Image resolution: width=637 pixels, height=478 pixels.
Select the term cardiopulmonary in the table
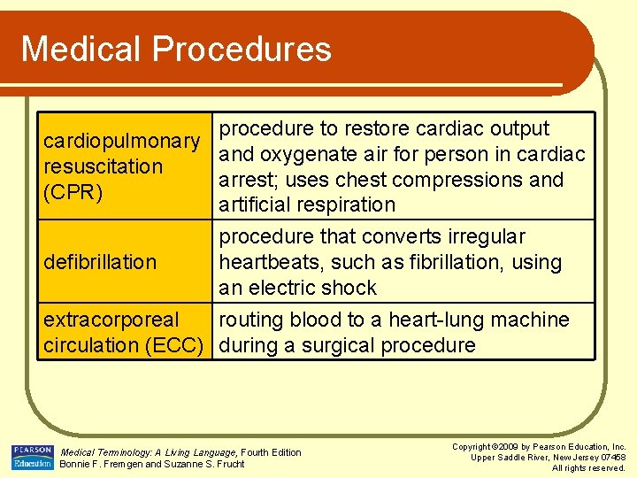[122, 142]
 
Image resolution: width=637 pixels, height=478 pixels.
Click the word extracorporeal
[111, 320]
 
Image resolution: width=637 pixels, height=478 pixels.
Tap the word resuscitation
[104, 166]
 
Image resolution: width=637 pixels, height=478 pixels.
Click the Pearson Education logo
[32, 458]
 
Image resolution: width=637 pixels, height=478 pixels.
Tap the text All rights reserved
[588, 467]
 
